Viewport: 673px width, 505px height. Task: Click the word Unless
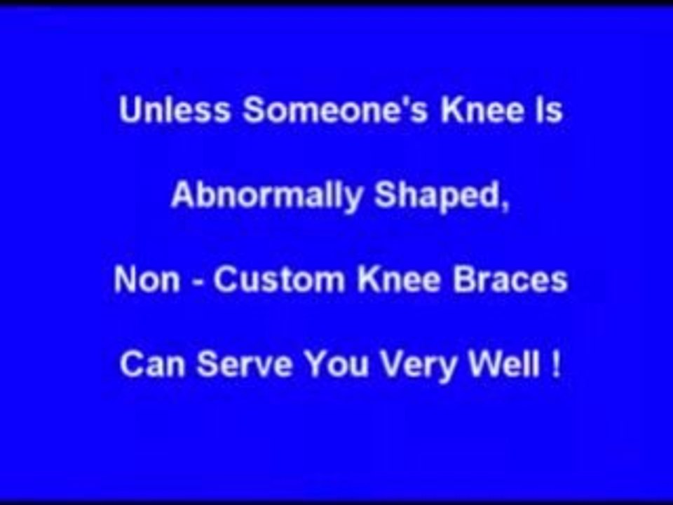coord(175,110)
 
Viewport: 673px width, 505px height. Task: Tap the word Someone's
coord(335,110)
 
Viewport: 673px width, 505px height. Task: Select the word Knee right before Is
coord(482,110)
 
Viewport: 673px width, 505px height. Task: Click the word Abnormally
coord(267,196)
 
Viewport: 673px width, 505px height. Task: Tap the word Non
coord(147,280)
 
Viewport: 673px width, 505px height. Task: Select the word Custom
coord(279,280)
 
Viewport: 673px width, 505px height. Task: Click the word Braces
coord(510,280)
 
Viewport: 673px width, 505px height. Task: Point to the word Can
coord(152,365)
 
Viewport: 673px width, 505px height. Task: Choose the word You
coord(336,365)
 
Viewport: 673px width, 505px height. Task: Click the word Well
coord(504,365)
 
